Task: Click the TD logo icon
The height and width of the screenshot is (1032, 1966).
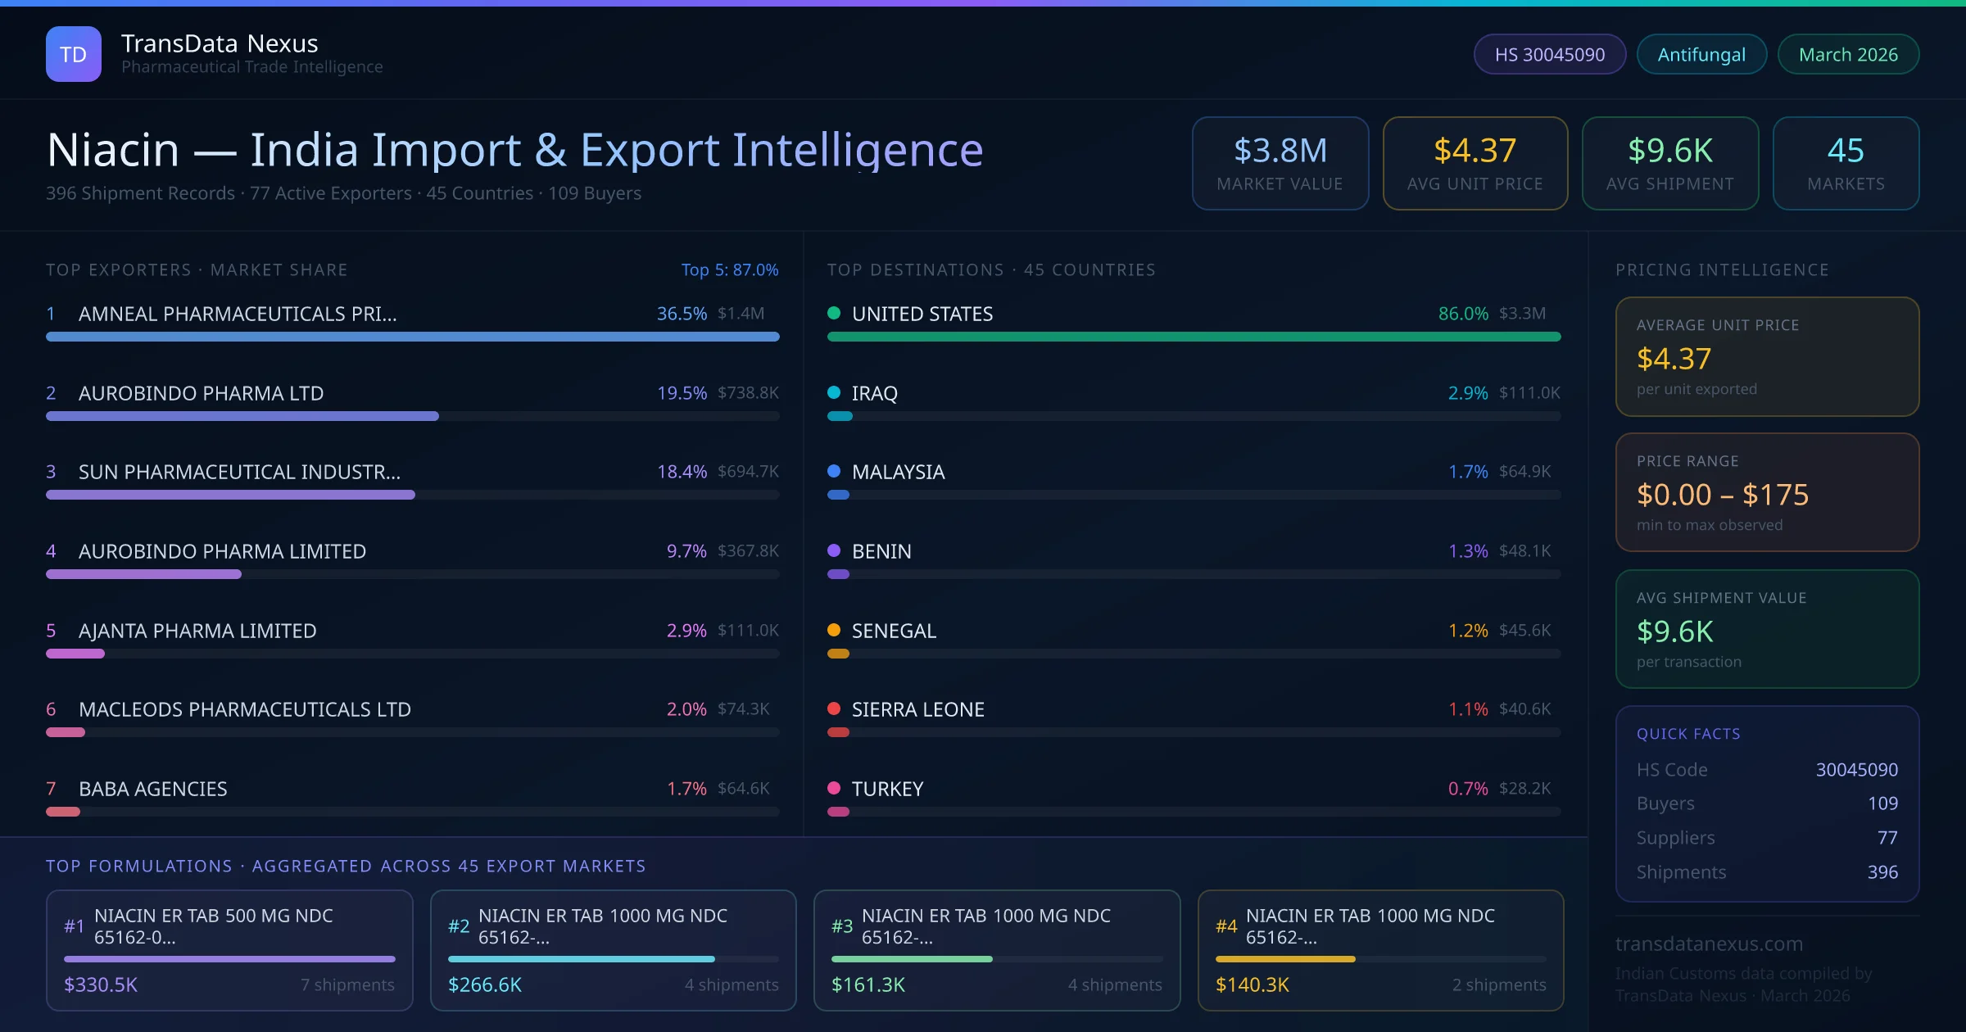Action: click(x=74, y=54)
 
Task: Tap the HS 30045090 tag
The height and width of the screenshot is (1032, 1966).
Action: click(x=1549, y=54)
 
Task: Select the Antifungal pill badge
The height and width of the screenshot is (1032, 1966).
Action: click(x=1701, y=54)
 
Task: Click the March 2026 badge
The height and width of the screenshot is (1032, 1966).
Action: click(x=1847, y=54)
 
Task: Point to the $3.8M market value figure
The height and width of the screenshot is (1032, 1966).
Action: click(x=1280, y=151)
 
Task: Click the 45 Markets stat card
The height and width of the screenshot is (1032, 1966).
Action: click(x=1845, y=163)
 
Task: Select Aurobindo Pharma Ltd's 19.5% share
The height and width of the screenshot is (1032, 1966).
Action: click(x=681, y=393)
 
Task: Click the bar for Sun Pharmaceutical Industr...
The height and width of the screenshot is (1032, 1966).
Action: click(x=230, y=495)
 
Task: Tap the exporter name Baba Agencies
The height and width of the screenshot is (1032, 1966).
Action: click(x=152, y=789)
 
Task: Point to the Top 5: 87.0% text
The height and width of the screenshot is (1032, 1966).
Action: click(x=729, y=269)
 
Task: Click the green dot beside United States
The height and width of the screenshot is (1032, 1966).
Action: click(x=834, y=313)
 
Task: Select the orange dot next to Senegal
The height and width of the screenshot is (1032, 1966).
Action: click(x=834, y=630)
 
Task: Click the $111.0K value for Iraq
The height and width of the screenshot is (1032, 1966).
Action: click(x=1529, y=393)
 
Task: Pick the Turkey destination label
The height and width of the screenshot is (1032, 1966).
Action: click(x=887, y=789)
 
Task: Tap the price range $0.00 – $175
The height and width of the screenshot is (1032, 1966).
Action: click(x=1722, y=495)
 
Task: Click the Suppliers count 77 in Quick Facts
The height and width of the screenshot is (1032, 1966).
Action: click(x=1887, y=837)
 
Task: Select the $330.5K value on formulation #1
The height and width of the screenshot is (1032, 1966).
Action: click(x=101, y=984)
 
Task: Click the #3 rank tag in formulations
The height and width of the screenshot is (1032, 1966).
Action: click(x=841, y=926)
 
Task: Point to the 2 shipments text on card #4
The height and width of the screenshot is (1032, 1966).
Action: click(x=1498, y=984)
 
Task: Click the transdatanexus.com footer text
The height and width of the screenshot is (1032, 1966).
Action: click(x=1709, y=944)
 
